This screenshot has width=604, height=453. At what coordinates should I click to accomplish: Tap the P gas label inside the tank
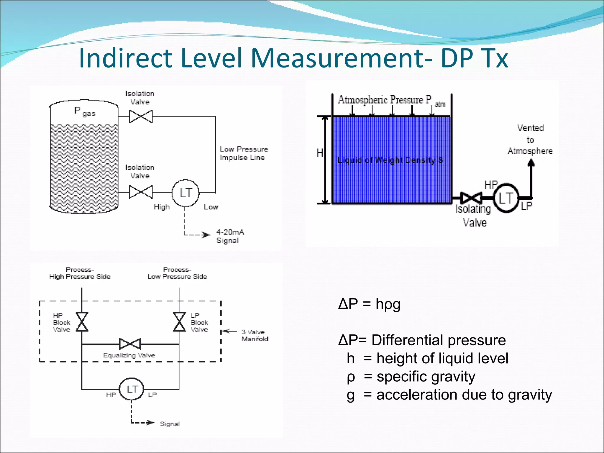(x=85, y=111)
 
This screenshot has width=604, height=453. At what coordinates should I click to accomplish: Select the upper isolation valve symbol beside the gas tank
(x=141, y=116)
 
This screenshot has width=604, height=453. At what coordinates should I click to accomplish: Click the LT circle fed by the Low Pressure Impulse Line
(x=186, y=193)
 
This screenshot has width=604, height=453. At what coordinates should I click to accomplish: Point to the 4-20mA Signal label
(x=230, y=236)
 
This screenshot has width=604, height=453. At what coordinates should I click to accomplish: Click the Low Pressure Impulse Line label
(x=244, y=153)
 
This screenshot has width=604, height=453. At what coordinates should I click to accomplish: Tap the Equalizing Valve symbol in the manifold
(x=130, y=344)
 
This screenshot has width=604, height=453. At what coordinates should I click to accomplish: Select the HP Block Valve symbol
(x=82, y=322)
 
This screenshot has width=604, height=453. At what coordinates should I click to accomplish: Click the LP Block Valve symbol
(x=179, y=322)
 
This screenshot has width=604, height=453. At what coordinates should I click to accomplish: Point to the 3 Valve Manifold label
(x=255, y=335)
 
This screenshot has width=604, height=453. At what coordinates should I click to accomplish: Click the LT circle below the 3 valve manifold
(x=132, y=389)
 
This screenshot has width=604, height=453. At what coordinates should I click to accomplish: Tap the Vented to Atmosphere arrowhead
(x=531, y=163)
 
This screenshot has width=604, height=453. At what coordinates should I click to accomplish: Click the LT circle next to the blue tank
(x=506, y=198)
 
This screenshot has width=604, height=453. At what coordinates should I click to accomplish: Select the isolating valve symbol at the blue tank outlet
(x=471, y=198)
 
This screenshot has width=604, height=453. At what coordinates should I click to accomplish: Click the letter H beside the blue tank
(x=320, y=153)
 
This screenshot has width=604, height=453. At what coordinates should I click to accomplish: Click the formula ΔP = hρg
(x=369, y=304)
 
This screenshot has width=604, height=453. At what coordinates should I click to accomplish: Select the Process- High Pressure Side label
(x=80, y=273)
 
